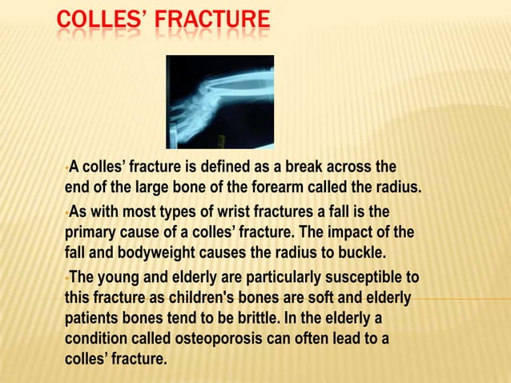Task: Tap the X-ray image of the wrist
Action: coord(219,102)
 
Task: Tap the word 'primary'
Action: coord(90,233)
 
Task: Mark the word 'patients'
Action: coord(91,318)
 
